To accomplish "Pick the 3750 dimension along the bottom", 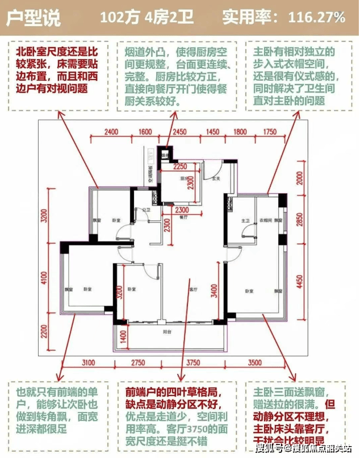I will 194,362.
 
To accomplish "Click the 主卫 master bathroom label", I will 246,220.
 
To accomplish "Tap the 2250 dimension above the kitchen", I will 180,166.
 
